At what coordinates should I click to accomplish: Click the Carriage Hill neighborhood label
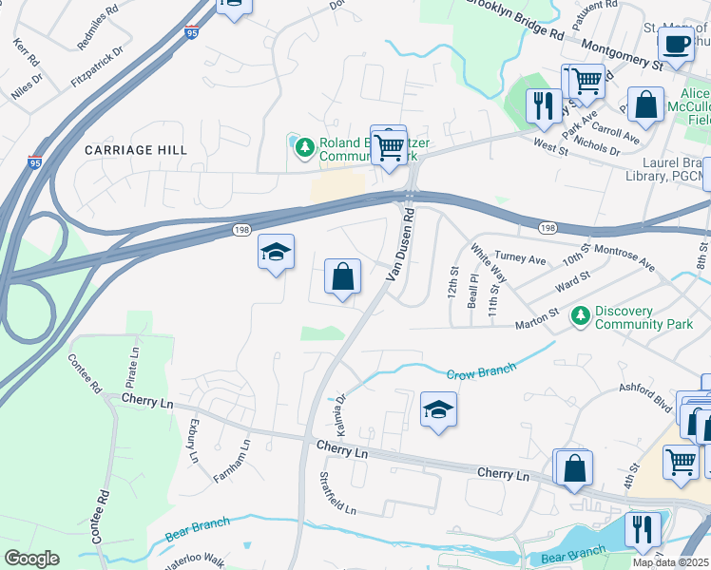pos(136,150)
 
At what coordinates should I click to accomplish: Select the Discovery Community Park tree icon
pos(581,314)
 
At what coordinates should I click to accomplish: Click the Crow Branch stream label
pos(481,371)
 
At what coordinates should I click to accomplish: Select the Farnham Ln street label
pos(232,460)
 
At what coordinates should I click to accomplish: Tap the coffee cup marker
pos(676,44)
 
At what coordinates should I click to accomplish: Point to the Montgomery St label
pos(622,56)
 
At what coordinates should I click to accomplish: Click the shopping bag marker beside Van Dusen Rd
pos(343,276)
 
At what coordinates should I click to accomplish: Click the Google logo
pos(31,558)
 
